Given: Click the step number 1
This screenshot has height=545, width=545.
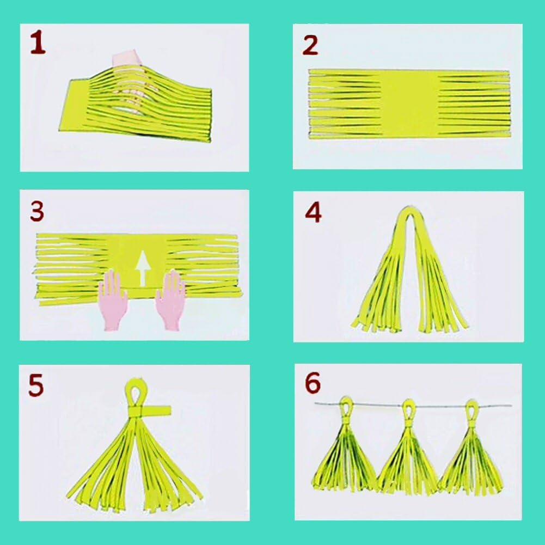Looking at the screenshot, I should (37, 44).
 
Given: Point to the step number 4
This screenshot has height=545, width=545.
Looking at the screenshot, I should (313, 213).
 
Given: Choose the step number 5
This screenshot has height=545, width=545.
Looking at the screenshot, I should (36, 385).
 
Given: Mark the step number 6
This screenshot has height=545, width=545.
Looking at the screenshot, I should (313, 383).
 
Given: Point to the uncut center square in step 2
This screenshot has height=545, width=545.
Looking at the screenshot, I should (408, 103).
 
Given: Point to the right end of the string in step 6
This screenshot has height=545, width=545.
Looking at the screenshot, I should (510, 407).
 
